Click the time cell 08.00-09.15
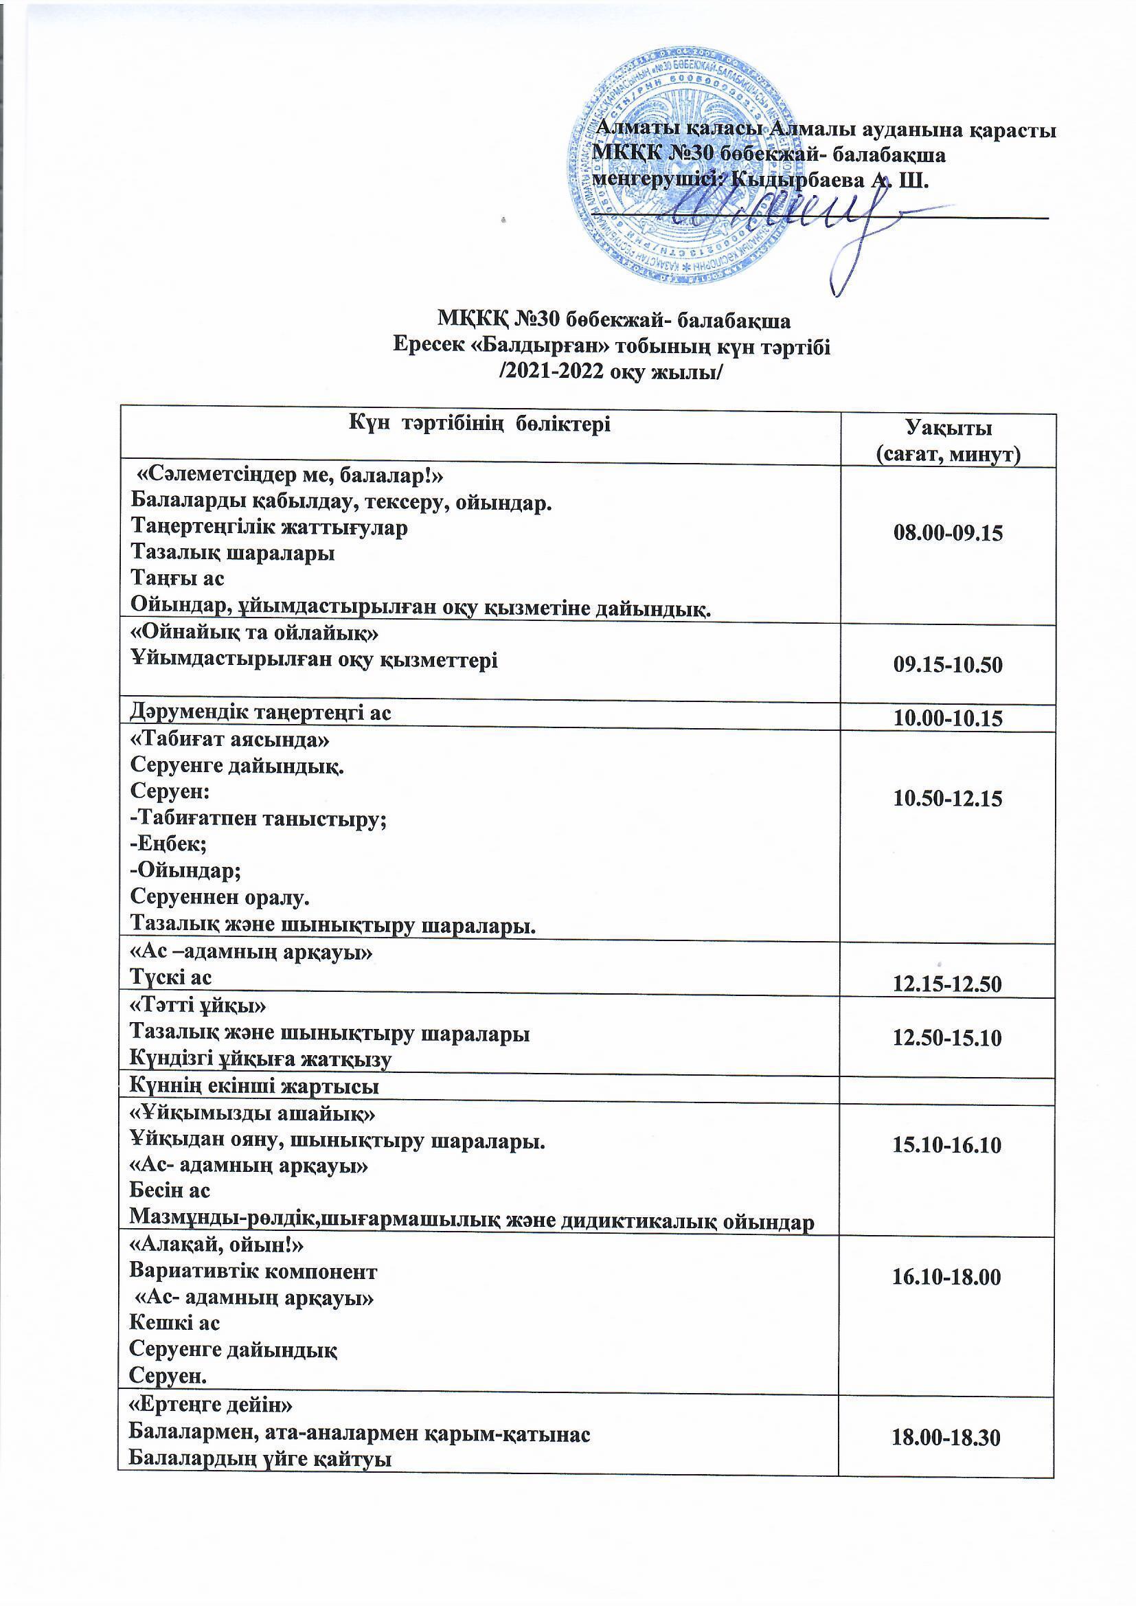(x=948, y=534)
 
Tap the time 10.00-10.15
(x=948, y=719)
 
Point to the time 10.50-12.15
(x=948, y=798)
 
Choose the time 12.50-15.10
(x=948, y=1037)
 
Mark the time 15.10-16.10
(x=948, y=1145)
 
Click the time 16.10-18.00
(x=948, y=1277)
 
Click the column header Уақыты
(x=948, y=427)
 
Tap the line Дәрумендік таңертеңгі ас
(x=261, y=713)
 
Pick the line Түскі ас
(x=172, y=977)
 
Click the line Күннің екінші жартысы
(x=255, y=1085)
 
